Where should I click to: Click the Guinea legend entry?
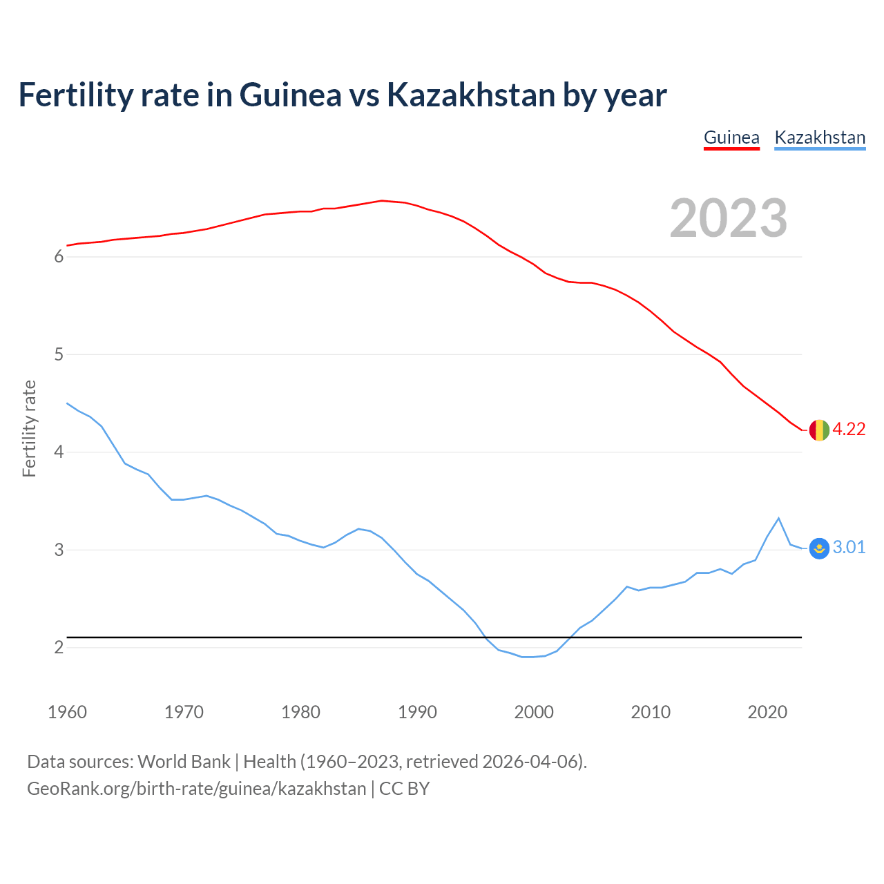click(731, 137)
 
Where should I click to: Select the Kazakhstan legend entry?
click(820, 137)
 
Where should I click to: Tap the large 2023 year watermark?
click(729, 218)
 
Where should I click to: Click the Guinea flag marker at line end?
click(818, 430)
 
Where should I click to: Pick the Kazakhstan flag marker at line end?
click(818, 548)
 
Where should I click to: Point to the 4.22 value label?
click(849, 429)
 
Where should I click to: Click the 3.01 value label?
click(849, 548)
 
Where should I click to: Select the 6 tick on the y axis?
click(59, 257)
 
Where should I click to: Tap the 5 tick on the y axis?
click(59, 355)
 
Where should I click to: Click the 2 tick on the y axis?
click(59, 648)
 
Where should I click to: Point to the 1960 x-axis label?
click(67, 712)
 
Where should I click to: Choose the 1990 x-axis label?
click(417, 712)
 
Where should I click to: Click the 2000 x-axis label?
click(534, 712)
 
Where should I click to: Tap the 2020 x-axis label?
click(767, 712)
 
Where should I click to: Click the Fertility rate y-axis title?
click(29, 428)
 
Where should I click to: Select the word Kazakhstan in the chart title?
click(471, 95)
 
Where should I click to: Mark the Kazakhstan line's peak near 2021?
click(778, 518)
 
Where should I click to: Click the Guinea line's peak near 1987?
click(382, 201)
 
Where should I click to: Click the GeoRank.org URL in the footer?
click(197, 789)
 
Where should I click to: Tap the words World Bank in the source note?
click(184, 762)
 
